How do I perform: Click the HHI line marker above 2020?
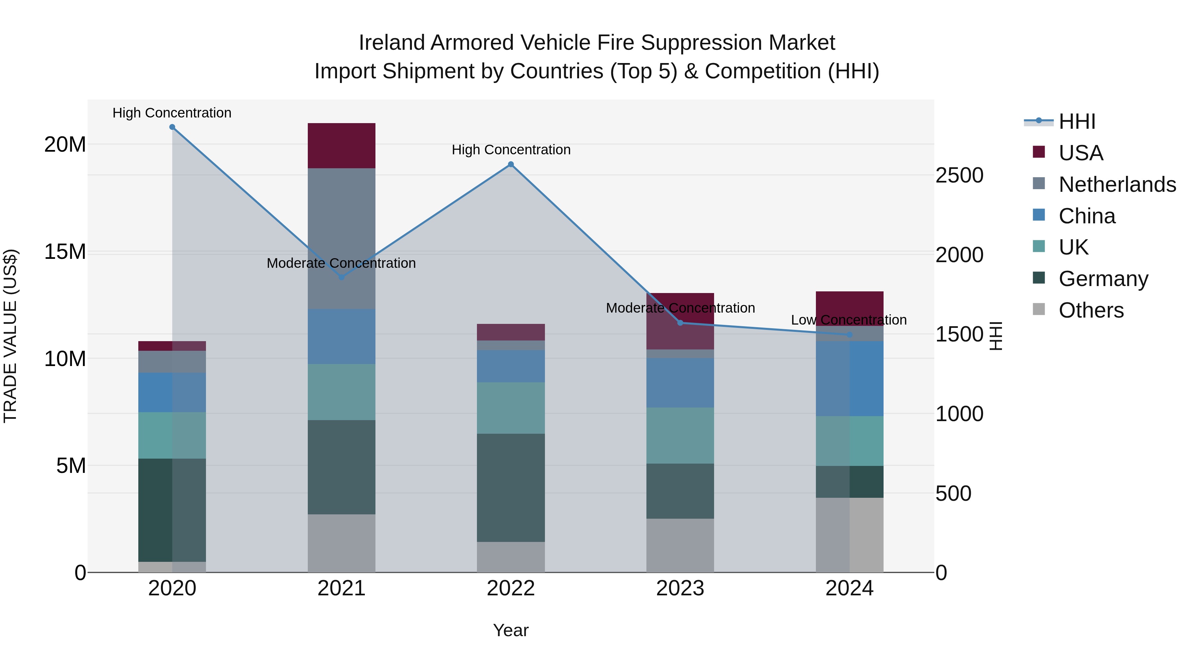pos(172,127)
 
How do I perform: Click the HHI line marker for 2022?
pos(511,164)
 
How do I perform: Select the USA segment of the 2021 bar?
pos(342,146)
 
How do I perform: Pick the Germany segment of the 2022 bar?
pos(511,487)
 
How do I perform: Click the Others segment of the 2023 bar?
pos(680,545)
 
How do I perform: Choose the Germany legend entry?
pos(1103,279)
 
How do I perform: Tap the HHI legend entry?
pos(1077,121)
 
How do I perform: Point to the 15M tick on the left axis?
pos(65,252)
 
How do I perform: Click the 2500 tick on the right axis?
pos(959,175)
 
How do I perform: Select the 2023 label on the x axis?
pos(680,588)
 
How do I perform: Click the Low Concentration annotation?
pos(849,320)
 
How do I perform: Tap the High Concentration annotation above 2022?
pos(511,150)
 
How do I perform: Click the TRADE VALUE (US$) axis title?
pos(10,336)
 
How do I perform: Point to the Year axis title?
pos(511,630)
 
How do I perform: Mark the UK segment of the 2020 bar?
pos(172,435)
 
